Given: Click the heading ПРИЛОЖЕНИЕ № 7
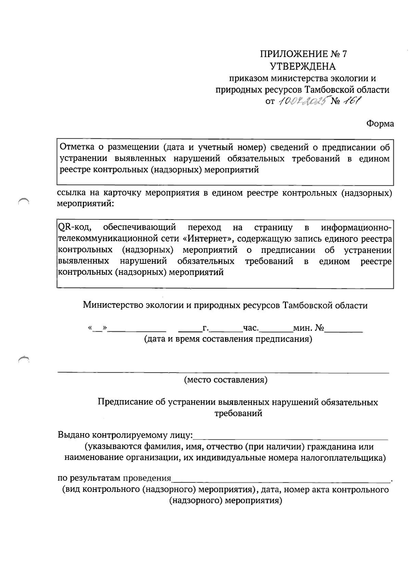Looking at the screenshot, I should tap(303, 54).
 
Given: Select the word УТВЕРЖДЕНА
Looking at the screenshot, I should tap(303, 66).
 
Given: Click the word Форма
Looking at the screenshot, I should tap(380, 124).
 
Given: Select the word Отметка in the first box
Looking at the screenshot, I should tap(77, 147).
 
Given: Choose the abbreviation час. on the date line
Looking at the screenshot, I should tap(251, 328).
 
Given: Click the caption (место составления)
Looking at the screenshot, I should tap(226, 380).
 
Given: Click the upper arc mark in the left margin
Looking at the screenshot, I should tap(23, 201).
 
